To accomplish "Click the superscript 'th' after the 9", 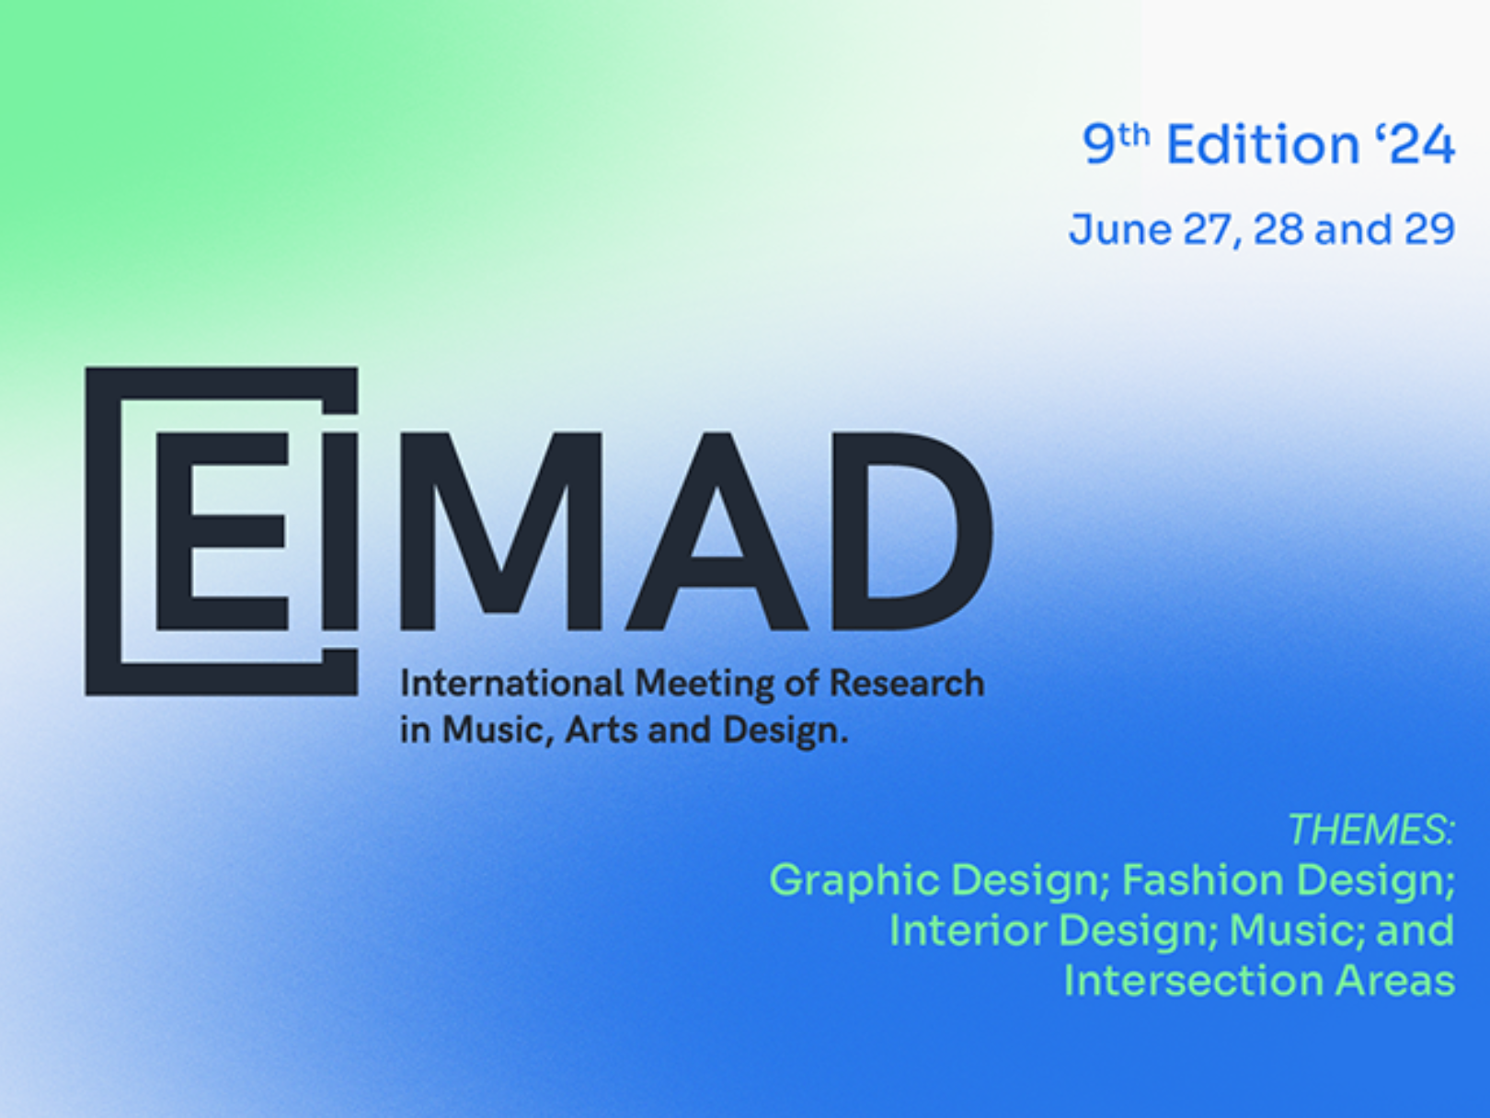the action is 1133,136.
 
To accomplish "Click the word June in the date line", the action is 1120,229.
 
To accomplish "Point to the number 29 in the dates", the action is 1429,229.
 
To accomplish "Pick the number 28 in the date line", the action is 1278,229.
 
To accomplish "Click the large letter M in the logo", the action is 501,532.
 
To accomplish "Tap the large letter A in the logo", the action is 716,532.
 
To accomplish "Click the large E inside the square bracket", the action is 222,532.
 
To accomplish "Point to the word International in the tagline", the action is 511,684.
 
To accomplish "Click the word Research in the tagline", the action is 907,684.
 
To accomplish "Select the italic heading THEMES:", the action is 1371,829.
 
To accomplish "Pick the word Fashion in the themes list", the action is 1202,880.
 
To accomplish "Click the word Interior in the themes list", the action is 968,930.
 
